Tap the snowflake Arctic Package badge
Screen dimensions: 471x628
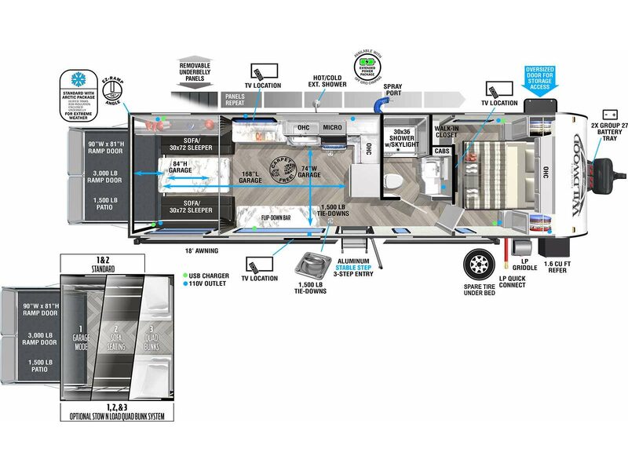tap(79, 80)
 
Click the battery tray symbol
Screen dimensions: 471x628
tap(610, 115)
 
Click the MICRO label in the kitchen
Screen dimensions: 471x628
tap(331, 127)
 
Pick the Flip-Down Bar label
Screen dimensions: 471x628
tap(276, 218)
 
